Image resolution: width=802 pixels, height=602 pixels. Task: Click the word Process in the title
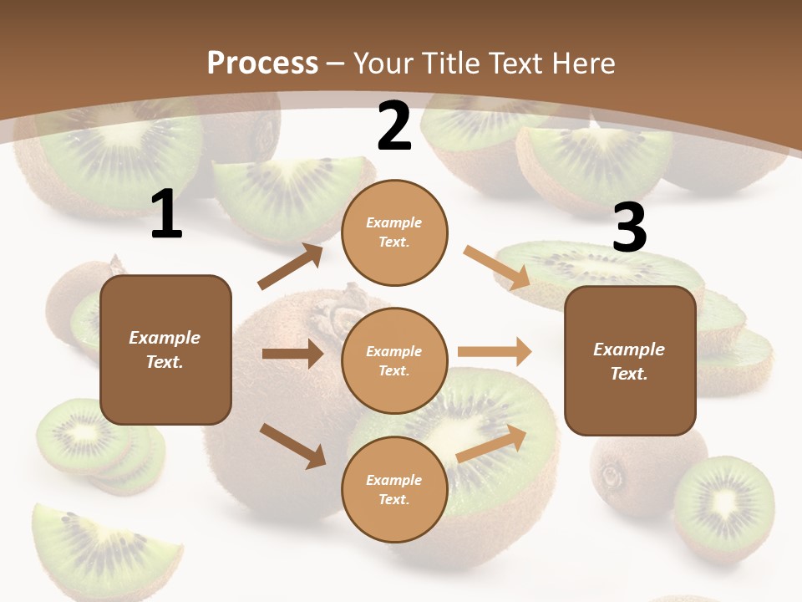(x=262, y=63)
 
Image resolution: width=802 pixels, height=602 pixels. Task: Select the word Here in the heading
(x=582, y=63)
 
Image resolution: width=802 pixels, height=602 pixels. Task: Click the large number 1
(x=166, y=215)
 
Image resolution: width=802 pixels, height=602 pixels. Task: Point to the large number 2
(x=394, y=127)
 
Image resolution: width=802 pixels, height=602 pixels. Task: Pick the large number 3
(x=629, y=229)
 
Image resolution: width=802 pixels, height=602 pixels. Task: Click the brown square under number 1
(x=165, y=349)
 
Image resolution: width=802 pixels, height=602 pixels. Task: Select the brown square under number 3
(x=630, y=360)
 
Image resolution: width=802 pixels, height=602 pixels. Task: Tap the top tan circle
(x=394, y=232)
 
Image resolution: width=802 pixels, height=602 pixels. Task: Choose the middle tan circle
(x=394, y=360)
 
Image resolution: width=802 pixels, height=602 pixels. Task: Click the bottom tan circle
(x=394, y=489)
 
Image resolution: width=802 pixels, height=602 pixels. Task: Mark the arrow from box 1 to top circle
(x=291, y=267)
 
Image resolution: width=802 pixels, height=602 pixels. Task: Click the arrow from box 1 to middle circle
(x=292, y=354)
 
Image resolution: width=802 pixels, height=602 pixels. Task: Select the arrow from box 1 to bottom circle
(x=292, y=446)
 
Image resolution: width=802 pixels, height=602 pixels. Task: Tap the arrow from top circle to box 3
(x=496, y=268)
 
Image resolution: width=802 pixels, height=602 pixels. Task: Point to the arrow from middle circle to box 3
(x=495, y=351)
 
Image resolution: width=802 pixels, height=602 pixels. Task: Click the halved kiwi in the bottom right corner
(x=723, y=505)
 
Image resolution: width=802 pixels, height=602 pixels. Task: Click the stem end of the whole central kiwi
(x=343, y=315)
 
